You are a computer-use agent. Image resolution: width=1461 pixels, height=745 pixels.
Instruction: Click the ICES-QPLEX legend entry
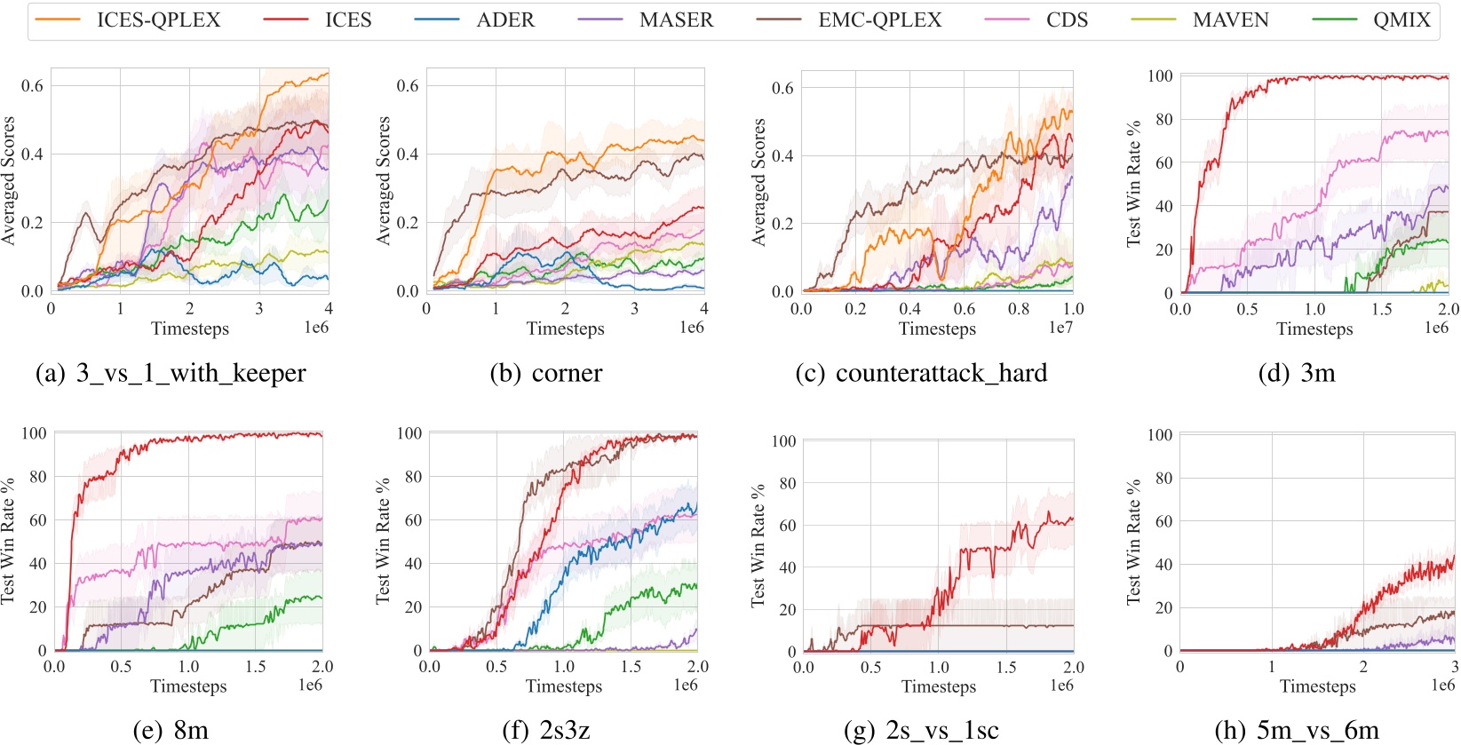tap(158, 20)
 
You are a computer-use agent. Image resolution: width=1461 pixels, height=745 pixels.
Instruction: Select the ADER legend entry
tap(504, 20)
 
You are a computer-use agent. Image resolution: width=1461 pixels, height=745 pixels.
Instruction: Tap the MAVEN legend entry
tap(1230, 20)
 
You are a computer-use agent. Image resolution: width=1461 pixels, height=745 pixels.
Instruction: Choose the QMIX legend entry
tap(1401, 20)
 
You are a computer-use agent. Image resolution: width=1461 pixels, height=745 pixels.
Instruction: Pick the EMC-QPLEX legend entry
tap(879, 20)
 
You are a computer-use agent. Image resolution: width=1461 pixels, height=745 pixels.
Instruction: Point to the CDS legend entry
tap(1066, 20)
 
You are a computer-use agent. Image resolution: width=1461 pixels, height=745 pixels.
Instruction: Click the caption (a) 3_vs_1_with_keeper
tap(171, 373)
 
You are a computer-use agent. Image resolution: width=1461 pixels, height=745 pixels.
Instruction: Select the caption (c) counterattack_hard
tap(921, 373)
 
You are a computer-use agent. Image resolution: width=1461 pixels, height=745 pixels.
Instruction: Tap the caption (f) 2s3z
tap(545, 730)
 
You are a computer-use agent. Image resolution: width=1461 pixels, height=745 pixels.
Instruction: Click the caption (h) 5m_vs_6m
tap(1296, 730)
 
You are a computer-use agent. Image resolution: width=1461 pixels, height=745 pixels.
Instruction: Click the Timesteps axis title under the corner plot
tap(565, 329)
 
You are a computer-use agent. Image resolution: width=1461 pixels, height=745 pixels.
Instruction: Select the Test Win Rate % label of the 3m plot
tap(1133, 184)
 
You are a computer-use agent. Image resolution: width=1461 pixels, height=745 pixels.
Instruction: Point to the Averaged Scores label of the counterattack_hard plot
tap(758, 182)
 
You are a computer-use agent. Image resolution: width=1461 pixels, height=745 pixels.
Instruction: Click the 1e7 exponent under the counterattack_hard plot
tap(1060, 328)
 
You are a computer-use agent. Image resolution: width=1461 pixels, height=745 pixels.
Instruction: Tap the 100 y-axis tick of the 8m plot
tap(34, 433)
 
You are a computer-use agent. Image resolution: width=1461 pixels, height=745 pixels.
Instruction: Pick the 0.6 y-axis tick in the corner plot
tap(408, 85)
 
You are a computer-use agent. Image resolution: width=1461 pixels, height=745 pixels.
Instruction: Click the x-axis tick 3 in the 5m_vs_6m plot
tap(1454, 666)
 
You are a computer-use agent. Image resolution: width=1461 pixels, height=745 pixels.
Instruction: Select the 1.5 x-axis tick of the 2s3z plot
tap(631, 666)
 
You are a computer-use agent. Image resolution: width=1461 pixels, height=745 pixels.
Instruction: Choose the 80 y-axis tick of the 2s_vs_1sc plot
tap(787, 483)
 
